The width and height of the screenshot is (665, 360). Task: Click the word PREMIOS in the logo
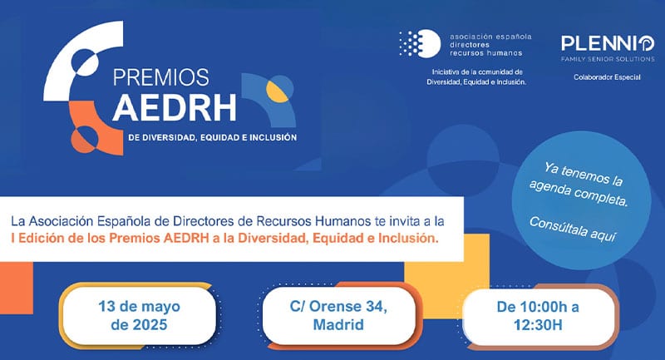pos(161,77)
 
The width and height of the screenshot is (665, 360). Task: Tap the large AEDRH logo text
pos(175,108)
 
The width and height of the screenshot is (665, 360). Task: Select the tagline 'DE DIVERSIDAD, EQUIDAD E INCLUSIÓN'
pos(213,137)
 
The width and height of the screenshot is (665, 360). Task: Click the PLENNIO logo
pos(608,44)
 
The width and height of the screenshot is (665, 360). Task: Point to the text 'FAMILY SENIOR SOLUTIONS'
pos(608,59)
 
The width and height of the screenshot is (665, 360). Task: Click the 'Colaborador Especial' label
pos(608,77)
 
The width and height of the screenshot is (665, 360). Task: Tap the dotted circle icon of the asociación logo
pos(420,44)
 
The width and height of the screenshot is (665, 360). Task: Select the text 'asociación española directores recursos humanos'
pos(490,45)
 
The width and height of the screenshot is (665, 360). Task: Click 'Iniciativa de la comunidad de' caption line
pos(477,72)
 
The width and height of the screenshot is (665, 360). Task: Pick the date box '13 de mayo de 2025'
pos(139,315)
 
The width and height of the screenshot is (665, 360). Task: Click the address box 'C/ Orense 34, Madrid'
pos(338,315)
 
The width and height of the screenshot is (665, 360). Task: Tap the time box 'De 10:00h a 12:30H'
pos(538,316)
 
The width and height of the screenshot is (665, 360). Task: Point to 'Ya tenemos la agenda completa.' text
pos(580,185)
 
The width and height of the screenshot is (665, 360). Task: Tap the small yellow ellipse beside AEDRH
pos(278,91)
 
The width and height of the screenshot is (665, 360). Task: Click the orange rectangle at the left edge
pos(16,288)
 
